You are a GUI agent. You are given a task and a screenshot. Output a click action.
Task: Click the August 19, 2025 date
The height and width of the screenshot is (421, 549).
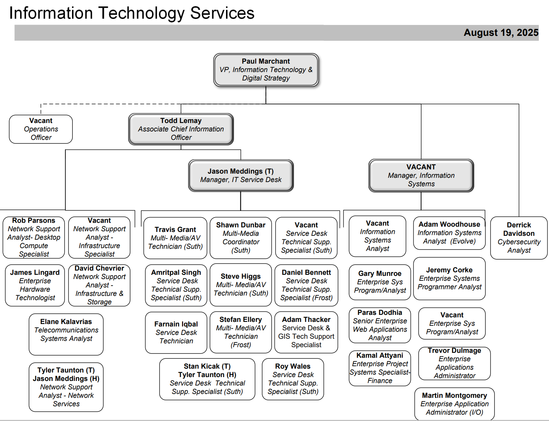[501, 33]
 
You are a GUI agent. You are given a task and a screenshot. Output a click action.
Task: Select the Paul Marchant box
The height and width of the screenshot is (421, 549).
[266, 70]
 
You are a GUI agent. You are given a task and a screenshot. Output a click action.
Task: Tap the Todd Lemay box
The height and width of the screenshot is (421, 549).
[181, 129]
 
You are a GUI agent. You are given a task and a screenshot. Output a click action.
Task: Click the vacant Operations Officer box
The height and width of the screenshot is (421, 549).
[41, 129]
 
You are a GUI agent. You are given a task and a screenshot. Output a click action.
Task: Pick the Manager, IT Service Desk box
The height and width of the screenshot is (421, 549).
[241, 175]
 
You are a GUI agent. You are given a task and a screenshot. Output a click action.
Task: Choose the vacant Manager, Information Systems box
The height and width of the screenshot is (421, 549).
[421, 175]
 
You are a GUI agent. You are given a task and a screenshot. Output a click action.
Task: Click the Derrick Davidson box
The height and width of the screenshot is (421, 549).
[519, 238]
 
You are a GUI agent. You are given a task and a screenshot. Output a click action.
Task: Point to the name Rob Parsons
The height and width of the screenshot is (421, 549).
[34, 220]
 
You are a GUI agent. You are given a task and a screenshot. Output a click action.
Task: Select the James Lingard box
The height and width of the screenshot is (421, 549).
[35, 285]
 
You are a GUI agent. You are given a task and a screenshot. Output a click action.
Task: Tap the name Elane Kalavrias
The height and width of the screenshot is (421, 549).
[66, 322]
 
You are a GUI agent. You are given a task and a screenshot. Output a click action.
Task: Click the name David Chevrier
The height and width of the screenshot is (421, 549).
[99, 268]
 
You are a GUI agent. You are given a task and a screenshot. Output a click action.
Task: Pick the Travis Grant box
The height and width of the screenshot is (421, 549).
[175, 238]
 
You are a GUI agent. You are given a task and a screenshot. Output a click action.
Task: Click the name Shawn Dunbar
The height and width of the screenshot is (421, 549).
[241, 225]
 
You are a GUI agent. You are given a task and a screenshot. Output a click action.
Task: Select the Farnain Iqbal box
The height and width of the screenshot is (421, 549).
[176, 332]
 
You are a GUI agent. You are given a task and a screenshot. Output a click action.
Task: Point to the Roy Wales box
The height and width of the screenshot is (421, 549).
[293, 379]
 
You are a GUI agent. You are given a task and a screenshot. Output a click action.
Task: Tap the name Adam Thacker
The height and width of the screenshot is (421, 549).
[306, 319]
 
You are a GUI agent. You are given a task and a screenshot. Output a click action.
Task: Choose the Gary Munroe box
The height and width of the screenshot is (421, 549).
[380, 282]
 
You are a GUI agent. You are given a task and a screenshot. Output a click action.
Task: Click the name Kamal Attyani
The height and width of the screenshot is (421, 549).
[380, 355]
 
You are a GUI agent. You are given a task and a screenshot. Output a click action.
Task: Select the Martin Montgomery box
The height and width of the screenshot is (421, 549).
[454, 404]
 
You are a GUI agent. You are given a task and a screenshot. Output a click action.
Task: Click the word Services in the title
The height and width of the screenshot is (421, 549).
[222, 13]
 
